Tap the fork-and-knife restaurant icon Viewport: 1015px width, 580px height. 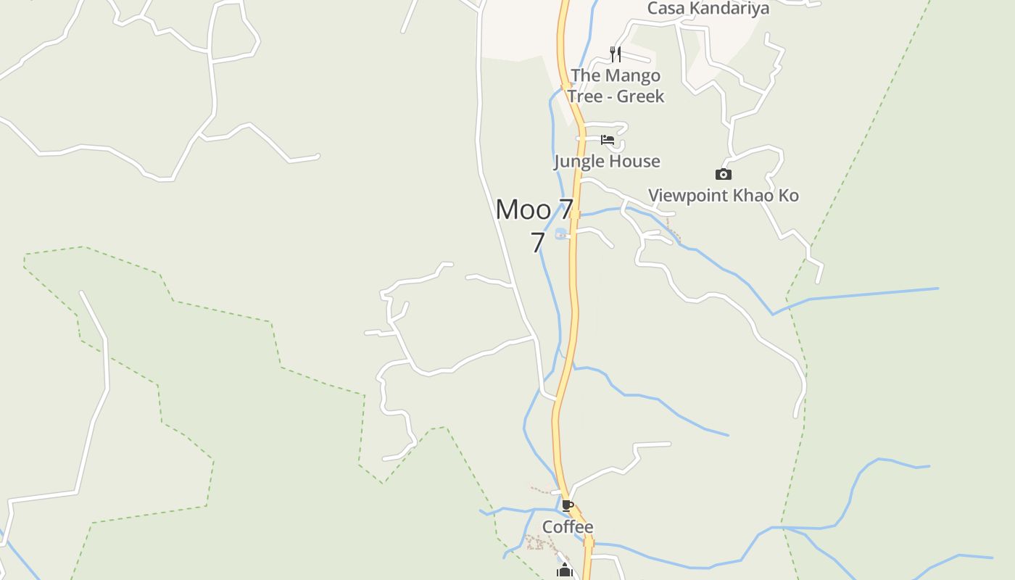(616, 54)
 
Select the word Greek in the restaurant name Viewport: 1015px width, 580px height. (640, 96)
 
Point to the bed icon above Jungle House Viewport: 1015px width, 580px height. (608, 139)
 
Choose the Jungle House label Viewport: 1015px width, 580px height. (607, 161)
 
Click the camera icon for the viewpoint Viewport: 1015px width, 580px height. (723, 174)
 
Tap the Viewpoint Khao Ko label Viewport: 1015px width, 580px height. (723, 195)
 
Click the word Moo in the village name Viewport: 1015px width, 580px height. (523, 210)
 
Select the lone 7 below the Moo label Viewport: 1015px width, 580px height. (537, 243)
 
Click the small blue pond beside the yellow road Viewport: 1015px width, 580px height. (560, 233)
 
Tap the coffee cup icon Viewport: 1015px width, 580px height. (568, 505)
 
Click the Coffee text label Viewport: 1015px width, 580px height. (568, 526)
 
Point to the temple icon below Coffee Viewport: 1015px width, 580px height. (565, 571)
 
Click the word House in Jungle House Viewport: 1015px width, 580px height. (635, 161)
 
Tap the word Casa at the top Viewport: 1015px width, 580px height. (666, 9)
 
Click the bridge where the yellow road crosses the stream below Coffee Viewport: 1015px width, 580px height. (588, 542)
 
